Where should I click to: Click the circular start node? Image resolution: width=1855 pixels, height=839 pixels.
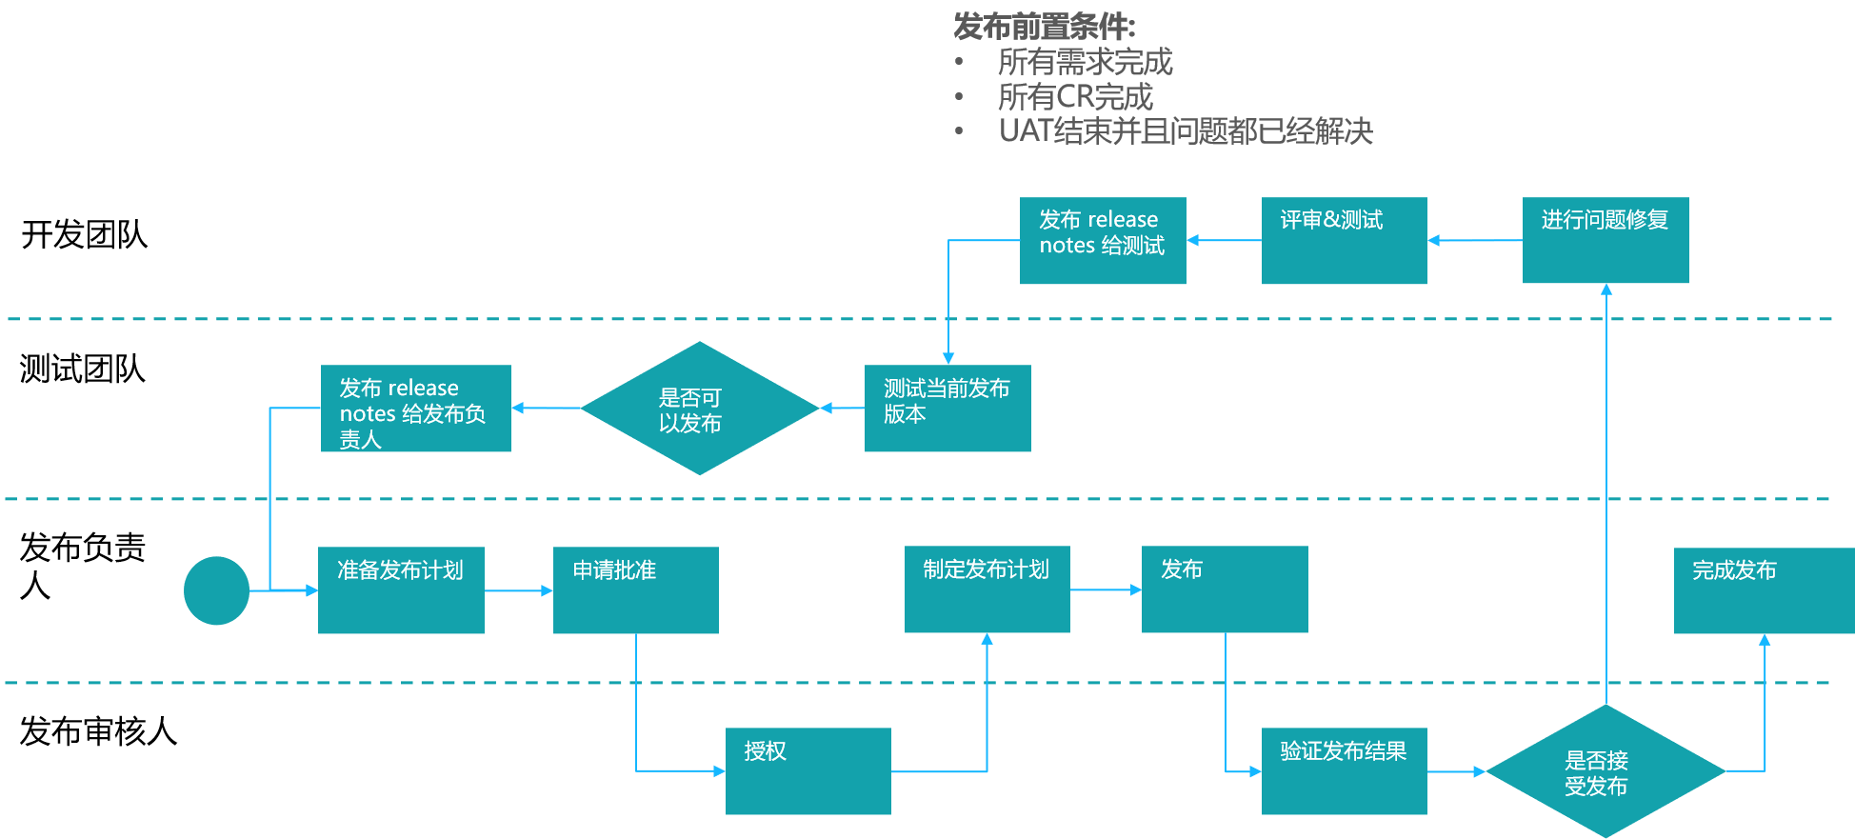coord(216,590)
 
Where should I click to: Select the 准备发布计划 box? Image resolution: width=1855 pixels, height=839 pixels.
coord(401,589)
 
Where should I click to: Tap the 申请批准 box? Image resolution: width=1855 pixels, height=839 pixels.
coord(635,589)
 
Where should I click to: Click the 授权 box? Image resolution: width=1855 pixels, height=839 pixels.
coord(808,770)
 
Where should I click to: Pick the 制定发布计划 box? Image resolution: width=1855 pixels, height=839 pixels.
coord(987,589)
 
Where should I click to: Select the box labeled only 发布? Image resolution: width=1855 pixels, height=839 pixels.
coord(1225,589)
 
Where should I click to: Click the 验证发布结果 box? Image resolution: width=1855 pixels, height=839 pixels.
coord(1344,770)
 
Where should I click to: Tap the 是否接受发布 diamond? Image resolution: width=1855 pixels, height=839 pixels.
coord(1606,771)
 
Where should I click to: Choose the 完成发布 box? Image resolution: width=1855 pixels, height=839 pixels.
coord(1763,589)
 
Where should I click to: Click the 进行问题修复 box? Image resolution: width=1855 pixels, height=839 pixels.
coord(1606,240)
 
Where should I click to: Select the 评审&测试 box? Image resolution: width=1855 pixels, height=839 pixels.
coord(1344,240)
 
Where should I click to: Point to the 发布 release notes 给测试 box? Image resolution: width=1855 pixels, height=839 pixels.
coord(1103,240)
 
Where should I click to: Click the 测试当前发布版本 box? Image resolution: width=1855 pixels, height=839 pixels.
coord(947,408)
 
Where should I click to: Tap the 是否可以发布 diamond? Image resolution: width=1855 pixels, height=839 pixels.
coord(700,409)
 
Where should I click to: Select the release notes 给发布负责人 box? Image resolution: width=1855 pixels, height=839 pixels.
coord(415,408)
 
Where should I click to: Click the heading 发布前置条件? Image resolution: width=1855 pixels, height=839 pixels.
coord(1045,26)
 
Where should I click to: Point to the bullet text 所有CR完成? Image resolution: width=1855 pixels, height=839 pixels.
coord(1075,96)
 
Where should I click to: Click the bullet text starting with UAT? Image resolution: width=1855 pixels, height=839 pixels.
coord(1186,130)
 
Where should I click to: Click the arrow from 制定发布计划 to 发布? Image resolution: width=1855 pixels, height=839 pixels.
coord(1106,589)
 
